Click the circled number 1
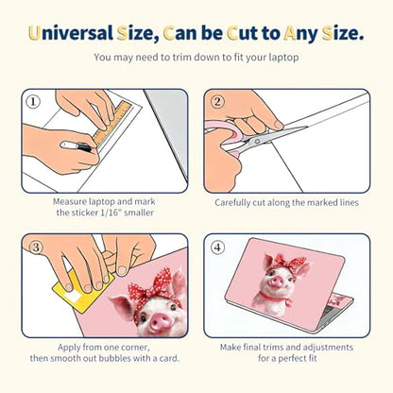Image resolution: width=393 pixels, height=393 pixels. click(33, 102)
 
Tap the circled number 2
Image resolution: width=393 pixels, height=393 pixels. click(217, 102)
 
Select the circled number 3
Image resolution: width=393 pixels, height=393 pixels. click(36, 248)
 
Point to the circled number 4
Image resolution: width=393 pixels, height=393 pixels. click(218, 248)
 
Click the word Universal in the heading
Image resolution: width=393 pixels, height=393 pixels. click(71, 33)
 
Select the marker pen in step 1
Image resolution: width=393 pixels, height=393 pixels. click(77, 146)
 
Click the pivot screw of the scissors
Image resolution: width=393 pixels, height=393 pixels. click(257, 142)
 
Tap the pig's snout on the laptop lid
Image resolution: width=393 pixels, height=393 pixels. click(278, 282)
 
